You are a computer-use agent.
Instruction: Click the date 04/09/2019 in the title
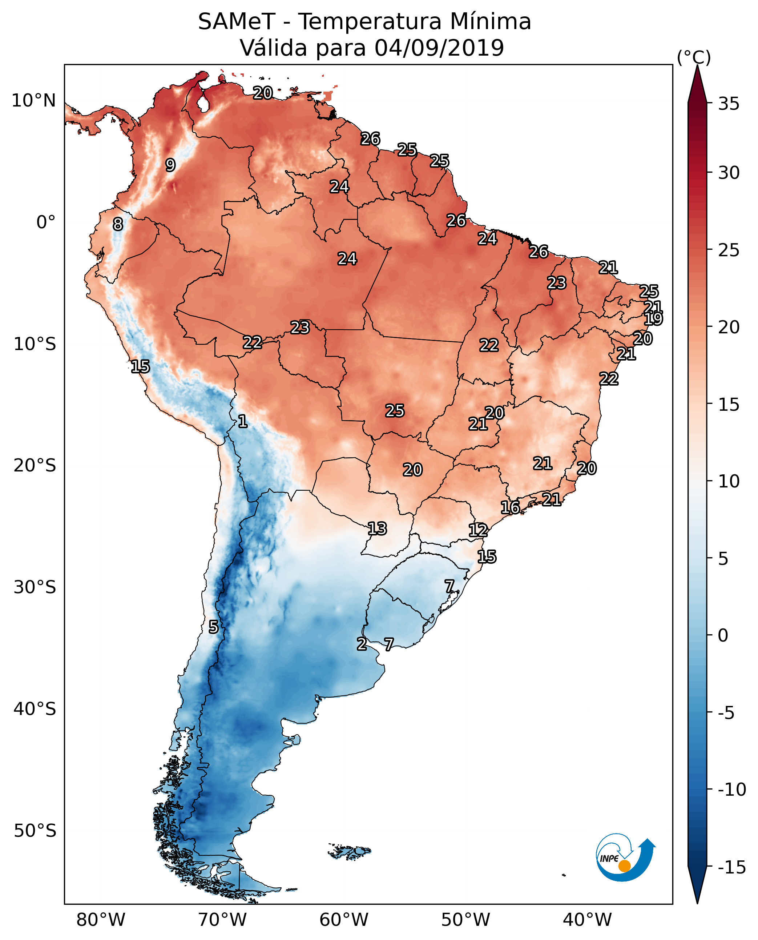click(439, 48)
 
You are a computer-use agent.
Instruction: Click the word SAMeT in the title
click(236, 21)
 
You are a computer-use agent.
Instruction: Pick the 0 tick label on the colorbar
click(723, 635)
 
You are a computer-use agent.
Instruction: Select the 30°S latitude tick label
click(35, 587)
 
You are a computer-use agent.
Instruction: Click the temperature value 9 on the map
click(170, 165)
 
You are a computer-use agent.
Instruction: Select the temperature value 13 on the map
click(377, 529)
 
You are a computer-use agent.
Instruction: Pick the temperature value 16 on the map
click(510, 507)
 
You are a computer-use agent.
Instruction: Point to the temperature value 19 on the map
click(653, 318)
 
